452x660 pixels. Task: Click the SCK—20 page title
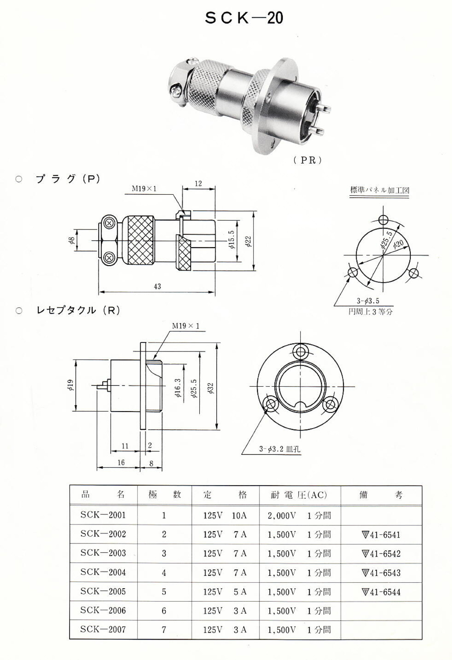(x=244, y=18)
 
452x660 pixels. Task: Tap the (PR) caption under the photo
(x=307, y=160)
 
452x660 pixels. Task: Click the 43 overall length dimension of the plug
(x=157, y=286)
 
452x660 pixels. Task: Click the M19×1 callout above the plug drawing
(x=144, y=189)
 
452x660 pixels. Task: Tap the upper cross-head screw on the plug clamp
(x=109, y=223)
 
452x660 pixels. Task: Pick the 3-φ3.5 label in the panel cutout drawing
(x=368, y=301)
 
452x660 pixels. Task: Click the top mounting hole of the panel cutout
(x=383, y=220)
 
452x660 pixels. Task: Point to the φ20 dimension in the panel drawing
(x=398, y=244)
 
